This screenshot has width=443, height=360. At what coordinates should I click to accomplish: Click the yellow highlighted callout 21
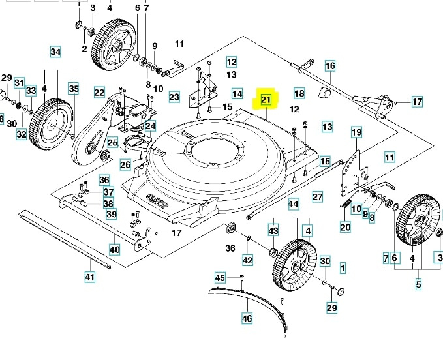coord(266,100)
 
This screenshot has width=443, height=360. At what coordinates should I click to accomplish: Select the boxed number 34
coord(55,52)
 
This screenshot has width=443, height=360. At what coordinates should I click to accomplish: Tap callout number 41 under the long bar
coord(90,277)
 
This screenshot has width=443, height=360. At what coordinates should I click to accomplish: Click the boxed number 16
coord(330,66)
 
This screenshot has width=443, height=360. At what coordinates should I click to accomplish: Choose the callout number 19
coord(356,133)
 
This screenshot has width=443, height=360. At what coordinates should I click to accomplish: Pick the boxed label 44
coord(293,204)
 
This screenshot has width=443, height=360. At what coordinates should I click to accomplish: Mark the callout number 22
coord(99,93)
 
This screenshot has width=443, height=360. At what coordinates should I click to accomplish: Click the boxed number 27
coord(318,196)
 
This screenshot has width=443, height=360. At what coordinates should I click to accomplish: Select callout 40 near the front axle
coord(115,249)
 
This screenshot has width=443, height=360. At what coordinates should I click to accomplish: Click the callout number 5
coord(418,284)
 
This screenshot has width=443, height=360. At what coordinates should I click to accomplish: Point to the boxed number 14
coord(236,93)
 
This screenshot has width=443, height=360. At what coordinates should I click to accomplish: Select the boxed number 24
coord(151,126)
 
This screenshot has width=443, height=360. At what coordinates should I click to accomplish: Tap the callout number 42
coord(247,260)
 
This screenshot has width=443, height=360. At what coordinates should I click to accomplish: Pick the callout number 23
coord(174,98)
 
